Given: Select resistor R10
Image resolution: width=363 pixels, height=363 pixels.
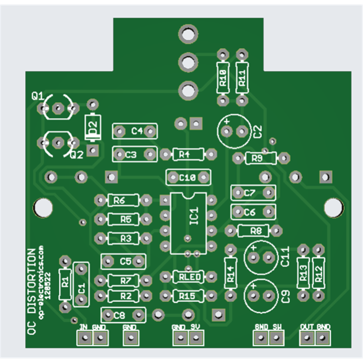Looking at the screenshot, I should click(x=223, y=78).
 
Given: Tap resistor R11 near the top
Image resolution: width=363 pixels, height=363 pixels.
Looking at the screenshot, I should click(x=242, y=78).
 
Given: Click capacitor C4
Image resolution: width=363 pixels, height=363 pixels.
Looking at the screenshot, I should click(x=135, y=131).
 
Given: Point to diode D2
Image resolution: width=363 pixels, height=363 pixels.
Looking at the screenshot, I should click(x=93, y=128).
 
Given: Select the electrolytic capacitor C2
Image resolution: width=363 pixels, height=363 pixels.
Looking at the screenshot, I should click(x=234, y=131).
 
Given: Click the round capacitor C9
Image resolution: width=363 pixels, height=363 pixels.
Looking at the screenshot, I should click(x=261, y=296).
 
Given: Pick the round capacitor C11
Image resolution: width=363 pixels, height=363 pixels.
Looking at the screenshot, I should click(x=261, y=257).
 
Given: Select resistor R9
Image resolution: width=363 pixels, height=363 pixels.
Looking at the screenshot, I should click(x=260, y=158).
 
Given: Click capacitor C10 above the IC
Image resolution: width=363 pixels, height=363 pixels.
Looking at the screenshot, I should click(x=188, y=177).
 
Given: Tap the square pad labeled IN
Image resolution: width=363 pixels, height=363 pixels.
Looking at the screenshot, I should click(x=84, y=337).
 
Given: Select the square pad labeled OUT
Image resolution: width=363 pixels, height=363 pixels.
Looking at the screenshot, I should click(x=307, y=337).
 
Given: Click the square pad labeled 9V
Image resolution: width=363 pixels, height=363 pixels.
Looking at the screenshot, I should click(x=196, y=337).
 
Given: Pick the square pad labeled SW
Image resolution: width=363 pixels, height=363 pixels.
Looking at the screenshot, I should click(x=275, y=337).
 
